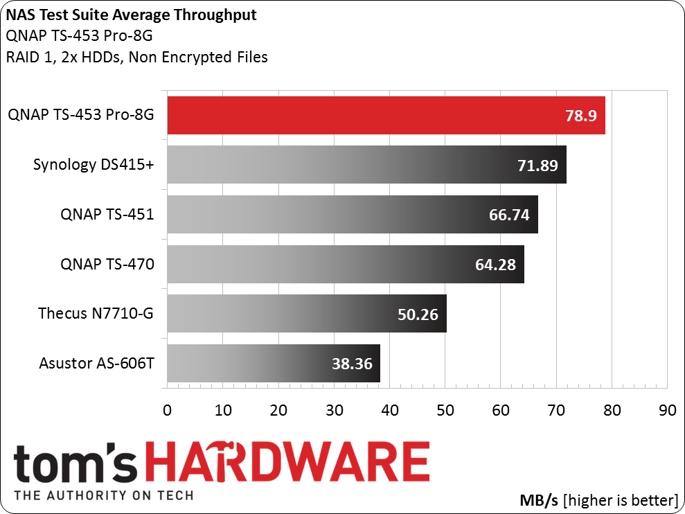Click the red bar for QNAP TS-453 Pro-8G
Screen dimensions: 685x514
386,116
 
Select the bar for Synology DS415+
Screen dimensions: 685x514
367,165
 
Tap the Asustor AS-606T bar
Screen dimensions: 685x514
274,363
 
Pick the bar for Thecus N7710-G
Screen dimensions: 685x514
307,313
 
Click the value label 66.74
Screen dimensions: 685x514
509,215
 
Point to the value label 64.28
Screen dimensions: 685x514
495,265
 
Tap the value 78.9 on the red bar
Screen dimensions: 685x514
581,116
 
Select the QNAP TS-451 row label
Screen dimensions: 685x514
107,214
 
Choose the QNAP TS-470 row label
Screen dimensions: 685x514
107,264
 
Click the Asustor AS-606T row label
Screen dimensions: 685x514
96,363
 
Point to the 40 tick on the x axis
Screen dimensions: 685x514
390,410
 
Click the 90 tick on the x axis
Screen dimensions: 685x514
668,410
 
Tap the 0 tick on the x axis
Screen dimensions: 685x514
168,410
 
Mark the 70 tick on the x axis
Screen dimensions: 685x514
556,410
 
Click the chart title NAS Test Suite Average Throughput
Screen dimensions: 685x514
131,15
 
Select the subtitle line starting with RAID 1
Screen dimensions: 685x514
136,57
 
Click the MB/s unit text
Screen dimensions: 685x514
539,500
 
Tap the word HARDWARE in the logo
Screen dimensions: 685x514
290,462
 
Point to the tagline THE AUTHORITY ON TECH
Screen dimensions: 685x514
103,496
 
